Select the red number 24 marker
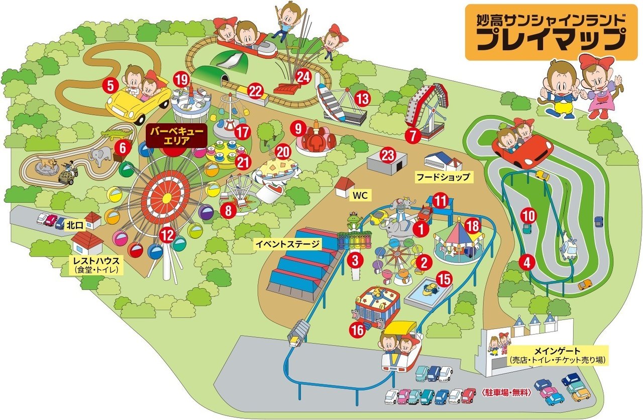303,77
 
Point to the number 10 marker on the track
528,215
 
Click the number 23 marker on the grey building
387,155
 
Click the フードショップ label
442,177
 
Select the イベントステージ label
287,245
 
